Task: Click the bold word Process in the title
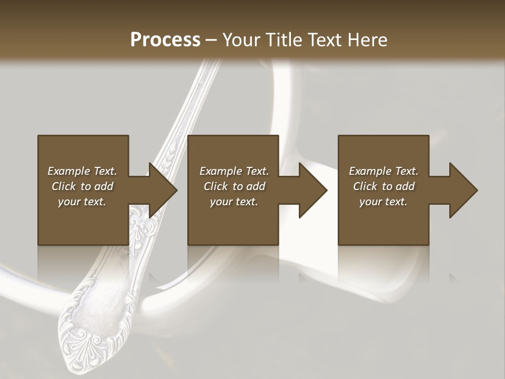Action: tap(165, 40)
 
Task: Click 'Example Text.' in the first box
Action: tap(82, 171)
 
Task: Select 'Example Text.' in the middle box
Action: tap(234, 171)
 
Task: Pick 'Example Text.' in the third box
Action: tap(383, 171)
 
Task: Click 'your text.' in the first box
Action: tap(82, 202)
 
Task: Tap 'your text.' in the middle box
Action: tap(234, 202)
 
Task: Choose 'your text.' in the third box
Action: tap(383, 202)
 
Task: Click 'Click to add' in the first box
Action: tap(82, 186)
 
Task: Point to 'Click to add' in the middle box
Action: tap(234, 186)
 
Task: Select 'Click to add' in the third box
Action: tap(383, 186)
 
